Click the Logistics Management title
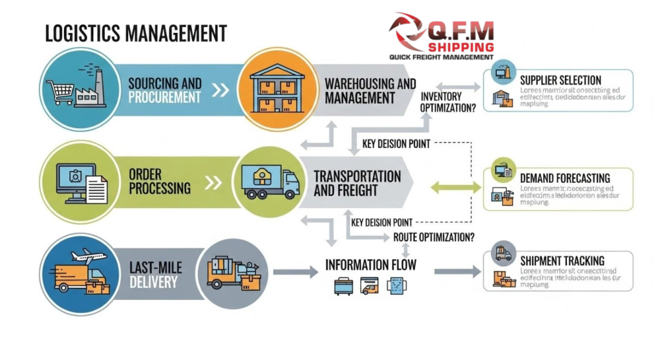[x=135, y=33]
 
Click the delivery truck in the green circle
[x=270, y=182]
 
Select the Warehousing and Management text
[x=369, y=90]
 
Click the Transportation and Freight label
[x=356, y=183]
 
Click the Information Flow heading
[x=370, y=265]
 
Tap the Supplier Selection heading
[x=561, y=80]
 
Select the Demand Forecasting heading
[x=565, y=177]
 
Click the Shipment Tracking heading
[x=562, y=260]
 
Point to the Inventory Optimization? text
[x=448, y=102]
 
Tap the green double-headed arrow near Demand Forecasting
[x=456, y=187]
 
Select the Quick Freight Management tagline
[x=441, y=58]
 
